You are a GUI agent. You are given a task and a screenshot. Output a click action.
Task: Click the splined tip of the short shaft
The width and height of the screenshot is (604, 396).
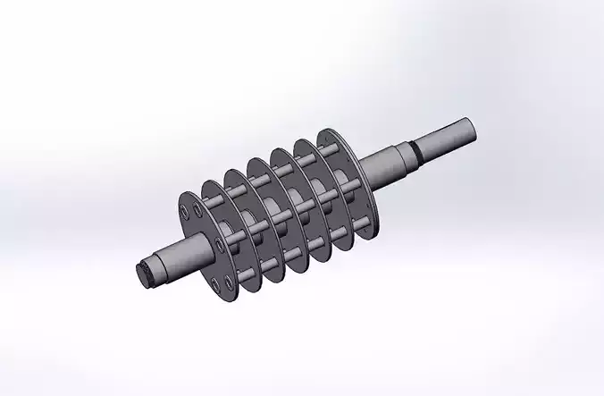tap(147, 274)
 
